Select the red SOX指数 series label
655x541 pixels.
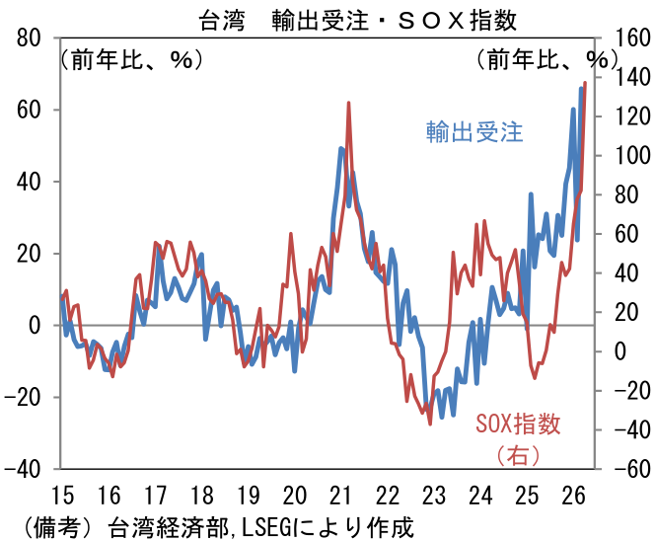tap(518, 425)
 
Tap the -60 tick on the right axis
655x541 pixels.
tap(628, 469)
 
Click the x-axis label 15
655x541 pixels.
tap(61, 495)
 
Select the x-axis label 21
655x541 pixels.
tap(341, 495)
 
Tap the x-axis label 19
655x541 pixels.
tap(249, 495)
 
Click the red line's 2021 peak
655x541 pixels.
tap(349, 103)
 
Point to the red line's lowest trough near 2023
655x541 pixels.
tap(430, 424)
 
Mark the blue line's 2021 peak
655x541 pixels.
tap(341, 149)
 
